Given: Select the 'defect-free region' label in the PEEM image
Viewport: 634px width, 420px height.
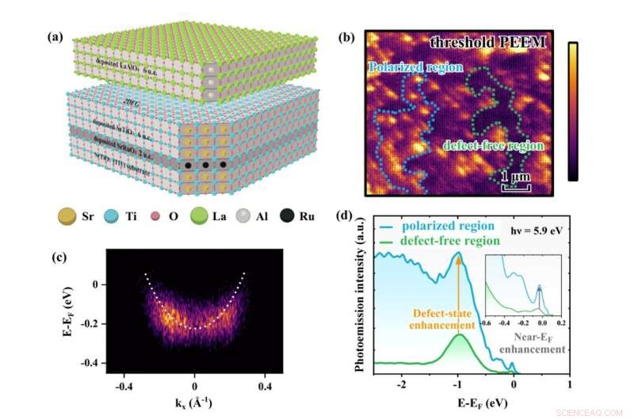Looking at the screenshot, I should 493,146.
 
